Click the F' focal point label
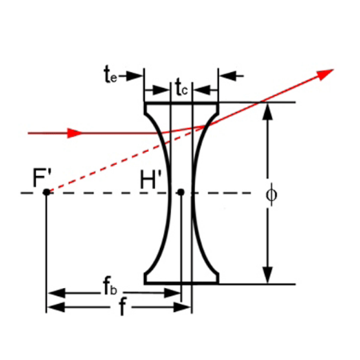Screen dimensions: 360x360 tap(42, 178)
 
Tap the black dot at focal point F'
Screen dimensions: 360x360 tap(46, 192)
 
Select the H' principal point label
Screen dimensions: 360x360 tap(150, 179)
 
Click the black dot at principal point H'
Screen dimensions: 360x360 tap(181, 192)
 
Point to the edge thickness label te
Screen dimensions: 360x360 tap(110, 74)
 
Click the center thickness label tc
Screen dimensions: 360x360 tap(182, 87)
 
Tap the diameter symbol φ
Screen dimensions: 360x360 tap(272, 194)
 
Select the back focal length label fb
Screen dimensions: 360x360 tap(110, 287)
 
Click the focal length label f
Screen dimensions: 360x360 tap(122, 306)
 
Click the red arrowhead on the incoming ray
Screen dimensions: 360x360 tap(74, 133)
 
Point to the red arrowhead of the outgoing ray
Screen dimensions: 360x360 tap(326, 74)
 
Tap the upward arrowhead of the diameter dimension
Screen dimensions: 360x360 tap(268, 111)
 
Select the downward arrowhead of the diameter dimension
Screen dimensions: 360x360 tap(268, 274)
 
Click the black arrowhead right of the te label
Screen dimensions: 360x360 tap(134, 76)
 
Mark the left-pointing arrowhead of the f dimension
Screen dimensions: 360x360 tap(56, 307)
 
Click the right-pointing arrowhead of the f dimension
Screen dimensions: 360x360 tap(182, 307)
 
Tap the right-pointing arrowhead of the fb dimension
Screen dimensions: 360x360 tap(173, 293)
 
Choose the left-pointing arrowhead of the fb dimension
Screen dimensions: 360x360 tap(57, 293)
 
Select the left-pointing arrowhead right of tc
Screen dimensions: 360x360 tap(202, 90)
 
